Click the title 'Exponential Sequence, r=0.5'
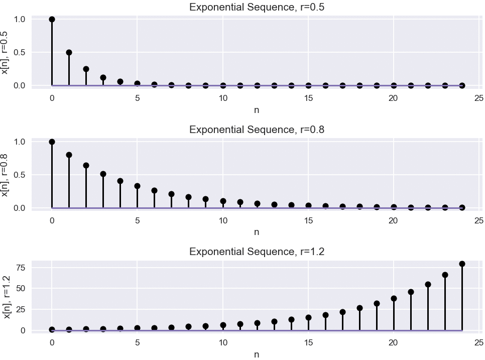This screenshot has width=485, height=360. pos(257,7)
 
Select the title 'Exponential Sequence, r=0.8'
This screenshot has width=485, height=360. pos(257,130)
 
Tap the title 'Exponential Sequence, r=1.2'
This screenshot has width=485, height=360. pos(257,252)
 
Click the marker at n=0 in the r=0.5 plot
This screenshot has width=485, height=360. pos(52,20)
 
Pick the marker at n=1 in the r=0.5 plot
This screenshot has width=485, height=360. pos(69,53)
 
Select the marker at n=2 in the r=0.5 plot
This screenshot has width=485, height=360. pos(86,69)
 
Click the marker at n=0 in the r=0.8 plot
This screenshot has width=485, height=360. pos(52,142)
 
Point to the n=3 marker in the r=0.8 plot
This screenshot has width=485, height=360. pos(103,174)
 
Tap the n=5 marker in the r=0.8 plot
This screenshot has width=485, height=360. pos(137,186)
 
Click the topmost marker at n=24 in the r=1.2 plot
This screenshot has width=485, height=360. pos(462,264)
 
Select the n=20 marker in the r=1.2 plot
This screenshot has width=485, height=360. pos(394,298)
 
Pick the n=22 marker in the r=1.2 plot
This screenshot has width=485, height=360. pos(428,284)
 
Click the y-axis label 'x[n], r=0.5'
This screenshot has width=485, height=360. pos(5,52)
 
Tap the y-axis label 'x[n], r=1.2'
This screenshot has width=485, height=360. pos(6,297)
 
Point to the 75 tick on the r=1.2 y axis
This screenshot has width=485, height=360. pos(21,268)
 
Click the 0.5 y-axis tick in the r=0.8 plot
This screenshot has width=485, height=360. pos(19,175)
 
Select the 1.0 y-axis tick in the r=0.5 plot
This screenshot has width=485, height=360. pos(19,20)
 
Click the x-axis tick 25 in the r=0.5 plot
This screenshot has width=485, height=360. pos(478,97)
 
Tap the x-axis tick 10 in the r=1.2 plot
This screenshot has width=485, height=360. pos(223,342)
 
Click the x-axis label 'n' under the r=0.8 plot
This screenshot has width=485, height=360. pos(257,232)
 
